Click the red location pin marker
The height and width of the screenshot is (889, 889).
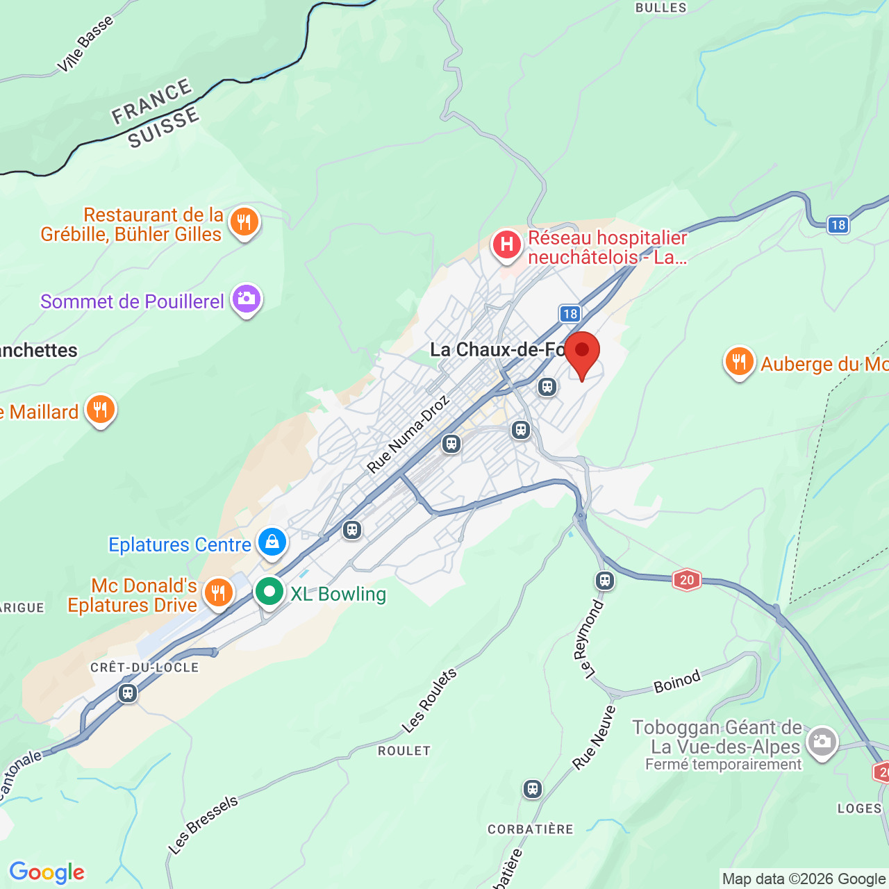(x=581, y=352)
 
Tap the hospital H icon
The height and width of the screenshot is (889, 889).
(x=507, y=244)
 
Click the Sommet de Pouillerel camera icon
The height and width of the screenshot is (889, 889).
(x=246, y=299)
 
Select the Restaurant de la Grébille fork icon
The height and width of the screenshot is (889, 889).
(x=244, y=223)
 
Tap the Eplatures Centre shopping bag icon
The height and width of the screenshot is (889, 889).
(x=272, y=542)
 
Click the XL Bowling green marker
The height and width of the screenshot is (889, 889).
(x=269, y=592)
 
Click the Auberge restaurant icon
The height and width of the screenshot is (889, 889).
(x=739, y=362)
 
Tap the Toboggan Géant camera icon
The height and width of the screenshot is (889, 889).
(x=822, y=742)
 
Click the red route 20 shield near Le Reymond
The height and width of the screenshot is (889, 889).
(x=686, y=580)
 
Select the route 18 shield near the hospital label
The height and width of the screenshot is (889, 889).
(x=570, y=314)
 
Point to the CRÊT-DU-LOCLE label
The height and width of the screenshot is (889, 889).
(x=144, y=667)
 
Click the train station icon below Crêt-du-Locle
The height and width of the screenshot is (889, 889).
(x=128, y=693)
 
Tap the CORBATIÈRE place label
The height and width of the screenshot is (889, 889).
(x=531, y=829)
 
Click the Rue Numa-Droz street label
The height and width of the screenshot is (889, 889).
(x=408, y=435)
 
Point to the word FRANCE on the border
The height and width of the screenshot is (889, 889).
(x=152, y=102)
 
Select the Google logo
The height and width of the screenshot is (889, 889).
(x=47, y=872)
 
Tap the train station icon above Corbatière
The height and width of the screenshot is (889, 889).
(x=533, y=789)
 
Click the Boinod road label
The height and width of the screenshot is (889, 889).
(x=677, y=683)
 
